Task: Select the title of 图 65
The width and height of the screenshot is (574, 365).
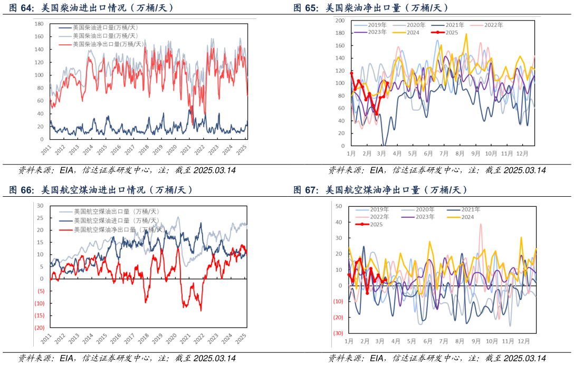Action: [x=371, y=8]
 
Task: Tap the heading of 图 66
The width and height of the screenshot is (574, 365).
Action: [x=101, y=190]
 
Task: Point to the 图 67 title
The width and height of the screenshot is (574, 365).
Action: [x=380, y=190]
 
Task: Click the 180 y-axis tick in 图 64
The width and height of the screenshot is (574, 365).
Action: [x=39, y=24]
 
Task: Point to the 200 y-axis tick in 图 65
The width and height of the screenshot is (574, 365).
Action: [x=340, y=21]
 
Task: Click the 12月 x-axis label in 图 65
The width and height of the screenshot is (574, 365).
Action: [x=523, y=153]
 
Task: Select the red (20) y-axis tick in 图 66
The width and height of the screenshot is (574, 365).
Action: [x=40, y=328]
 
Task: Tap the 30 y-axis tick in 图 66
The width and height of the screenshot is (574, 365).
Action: [x=40, y=206]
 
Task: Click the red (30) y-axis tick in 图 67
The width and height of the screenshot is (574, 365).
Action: [x=338, y=333]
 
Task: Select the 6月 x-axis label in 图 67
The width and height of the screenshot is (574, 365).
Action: [x=427, y=342]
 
